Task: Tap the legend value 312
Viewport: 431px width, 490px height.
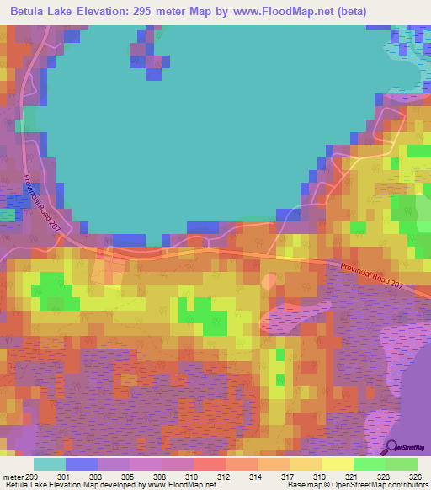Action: point(226,477)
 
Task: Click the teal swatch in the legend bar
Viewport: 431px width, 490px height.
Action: point(50,464)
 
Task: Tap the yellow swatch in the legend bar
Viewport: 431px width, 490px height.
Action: point(338,464)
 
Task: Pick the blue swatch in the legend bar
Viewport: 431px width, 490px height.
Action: point(82,464)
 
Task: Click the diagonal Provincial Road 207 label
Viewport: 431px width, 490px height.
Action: point(41,203)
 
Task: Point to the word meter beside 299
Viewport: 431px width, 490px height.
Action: point(13,477)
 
